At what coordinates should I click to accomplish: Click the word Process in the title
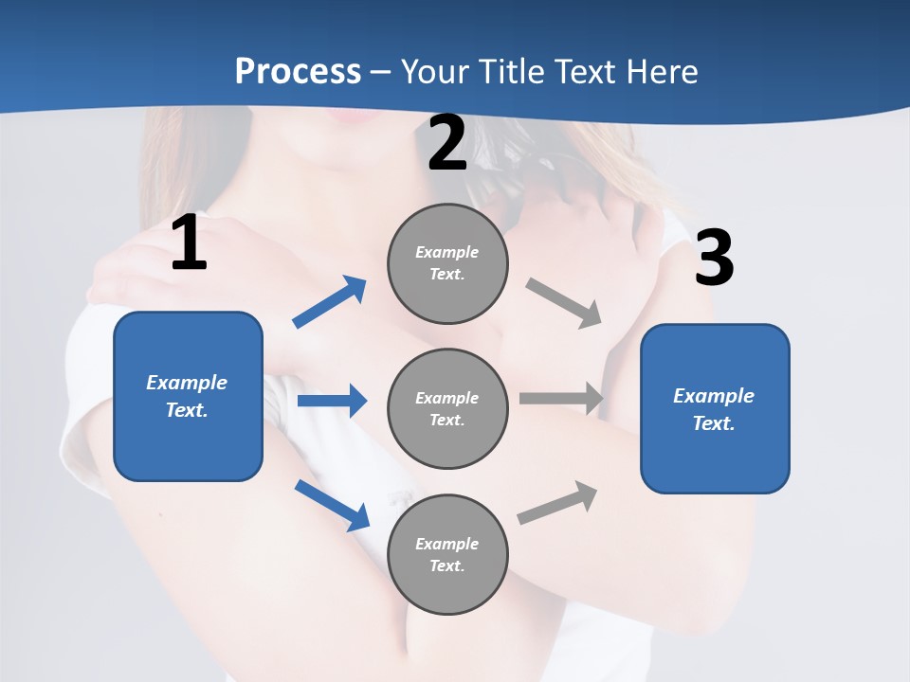[298, 72]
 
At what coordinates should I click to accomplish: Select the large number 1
[189, 243]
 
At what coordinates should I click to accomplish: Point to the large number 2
[447, 144]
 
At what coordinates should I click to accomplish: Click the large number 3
[714, 259]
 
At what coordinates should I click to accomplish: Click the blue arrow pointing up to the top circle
[330, 302]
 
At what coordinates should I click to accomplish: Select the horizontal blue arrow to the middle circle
[332, 401]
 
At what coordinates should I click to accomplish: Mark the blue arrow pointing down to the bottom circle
[333, 505]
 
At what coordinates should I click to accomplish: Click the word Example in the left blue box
[187, 383]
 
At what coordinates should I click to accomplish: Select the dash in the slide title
[381, 72]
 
